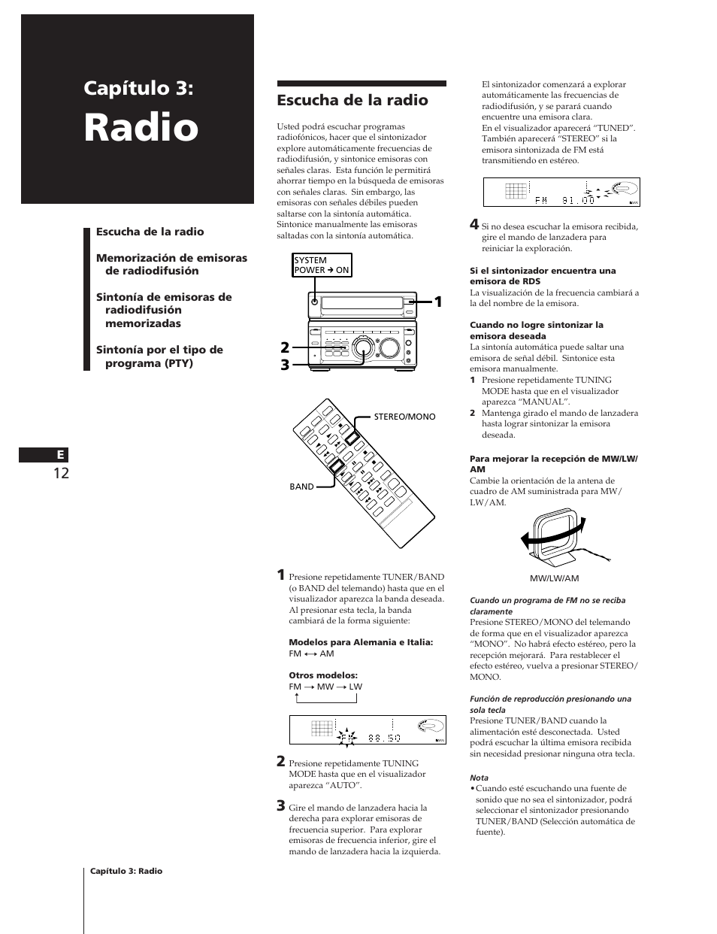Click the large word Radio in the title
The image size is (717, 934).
[141, 127]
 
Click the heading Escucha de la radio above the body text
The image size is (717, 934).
[352, 100]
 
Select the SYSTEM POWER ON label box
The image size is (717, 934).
[322, 265]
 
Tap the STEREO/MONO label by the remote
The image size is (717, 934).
[404, 417]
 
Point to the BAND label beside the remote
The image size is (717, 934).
[301, 487]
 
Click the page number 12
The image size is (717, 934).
[61, 473]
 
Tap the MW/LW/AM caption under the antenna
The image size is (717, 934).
[554, 578]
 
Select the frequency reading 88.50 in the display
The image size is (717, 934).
[384, 738]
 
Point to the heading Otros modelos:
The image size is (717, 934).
[312, 675]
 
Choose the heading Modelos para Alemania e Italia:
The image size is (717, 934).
[361, 642]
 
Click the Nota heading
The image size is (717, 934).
[479, 778]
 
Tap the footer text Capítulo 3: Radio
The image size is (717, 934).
[126, 871]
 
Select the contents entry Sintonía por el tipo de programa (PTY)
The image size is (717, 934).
[159, 356]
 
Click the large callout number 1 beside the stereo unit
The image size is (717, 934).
[437, 302]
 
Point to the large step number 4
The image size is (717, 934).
[473, 224]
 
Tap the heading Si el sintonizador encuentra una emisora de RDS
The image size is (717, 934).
[542, 276]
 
